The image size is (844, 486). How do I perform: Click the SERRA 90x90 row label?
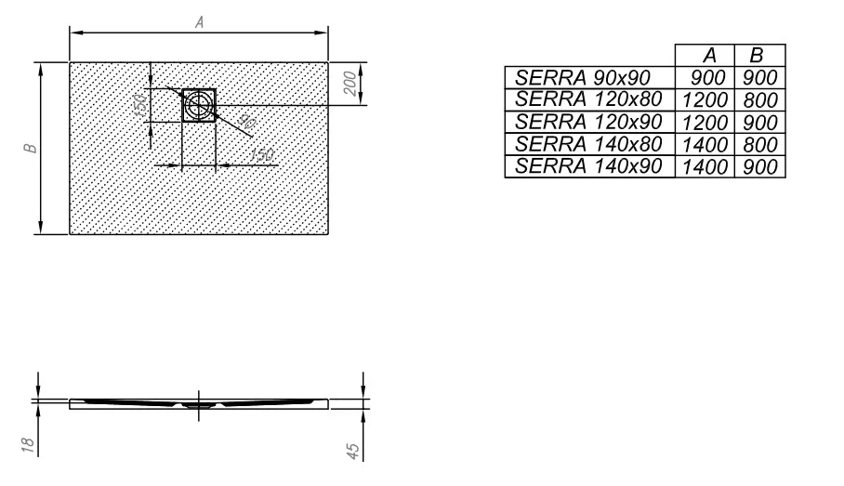click(583, 78)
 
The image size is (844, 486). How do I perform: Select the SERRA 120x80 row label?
click(588, 99)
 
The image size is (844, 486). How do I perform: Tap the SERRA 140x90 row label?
click(588, 166)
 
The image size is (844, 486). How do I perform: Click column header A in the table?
click(709, 56)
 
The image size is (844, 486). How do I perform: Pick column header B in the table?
click(757, 56)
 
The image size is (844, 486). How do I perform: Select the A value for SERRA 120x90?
click(706, 123)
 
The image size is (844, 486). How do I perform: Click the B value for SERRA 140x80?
click(760, 145)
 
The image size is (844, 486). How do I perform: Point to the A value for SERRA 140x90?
click(706, 167)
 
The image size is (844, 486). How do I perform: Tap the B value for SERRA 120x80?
click(760, 100)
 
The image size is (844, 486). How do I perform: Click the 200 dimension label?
click(350, 84)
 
